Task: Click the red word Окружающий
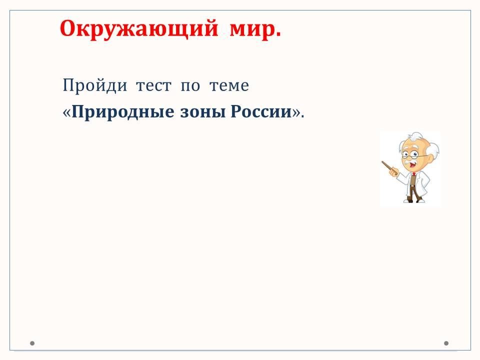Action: pos(138,29)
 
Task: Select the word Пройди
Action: pos(94,85)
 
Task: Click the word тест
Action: pos(153,85)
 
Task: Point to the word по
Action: pos(190,85)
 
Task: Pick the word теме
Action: pos(229,85)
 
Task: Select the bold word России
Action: pos(261,112)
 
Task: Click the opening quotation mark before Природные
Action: pos(66,113)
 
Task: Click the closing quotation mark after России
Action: pos(296,113)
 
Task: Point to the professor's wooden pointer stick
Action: pos(389,168)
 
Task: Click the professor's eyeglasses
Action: pos(413,154)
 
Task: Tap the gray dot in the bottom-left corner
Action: pos(32,343)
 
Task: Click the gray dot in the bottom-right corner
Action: pos(446,343)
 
